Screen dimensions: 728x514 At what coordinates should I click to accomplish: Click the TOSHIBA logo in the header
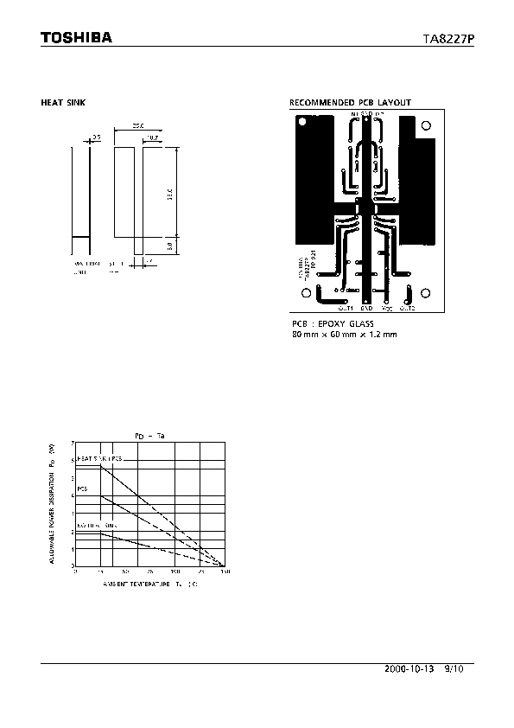tap(76, 38)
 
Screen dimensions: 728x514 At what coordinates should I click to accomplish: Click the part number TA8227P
tap(447, 39)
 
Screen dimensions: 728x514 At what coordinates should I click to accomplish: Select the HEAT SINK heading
tap(63, 103)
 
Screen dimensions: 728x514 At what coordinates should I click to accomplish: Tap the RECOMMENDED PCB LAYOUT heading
tap(350, 103)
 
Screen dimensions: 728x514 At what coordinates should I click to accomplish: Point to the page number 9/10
tap(454, 669)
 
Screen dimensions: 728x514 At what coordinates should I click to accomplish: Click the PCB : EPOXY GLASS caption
tap(333, 323)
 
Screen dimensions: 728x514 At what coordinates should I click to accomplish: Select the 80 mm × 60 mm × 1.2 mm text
tap(344, 335)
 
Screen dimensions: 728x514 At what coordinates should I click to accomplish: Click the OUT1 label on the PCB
tap(346, 307)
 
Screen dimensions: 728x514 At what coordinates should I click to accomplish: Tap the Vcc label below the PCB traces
tap(387, 307)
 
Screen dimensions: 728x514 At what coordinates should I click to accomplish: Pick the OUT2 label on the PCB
tap(407, 307)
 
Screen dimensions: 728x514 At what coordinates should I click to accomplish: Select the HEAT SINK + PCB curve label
tap(99, 457)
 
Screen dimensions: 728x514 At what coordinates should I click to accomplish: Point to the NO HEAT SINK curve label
tap(97, 525)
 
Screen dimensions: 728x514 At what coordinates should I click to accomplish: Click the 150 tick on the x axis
tap(225, 572)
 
